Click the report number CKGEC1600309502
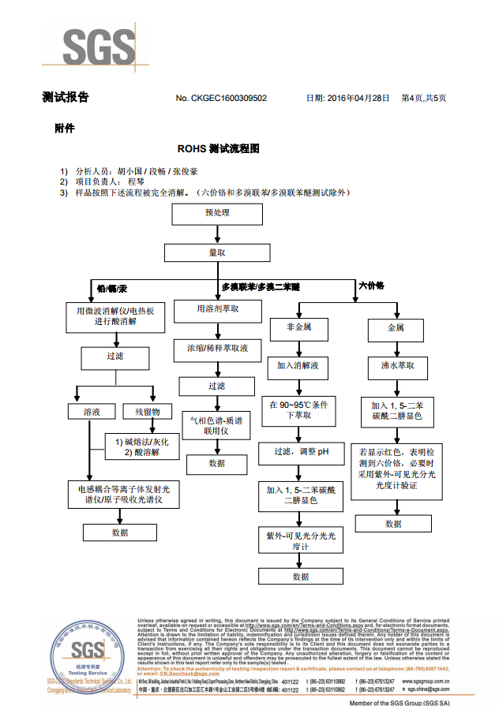tap(221, 98)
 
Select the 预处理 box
tap(217, 213)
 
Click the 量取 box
tap(217, 252)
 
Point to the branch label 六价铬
tap(371, 286)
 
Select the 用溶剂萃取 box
tap(218, 310)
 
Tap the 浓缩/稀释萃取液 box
tap(217, 348)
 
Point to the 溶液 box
tap(92, 411)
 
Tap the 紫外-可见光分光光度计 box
tap(300, 541)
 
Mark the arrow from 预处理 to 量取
tap(217, 234)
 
